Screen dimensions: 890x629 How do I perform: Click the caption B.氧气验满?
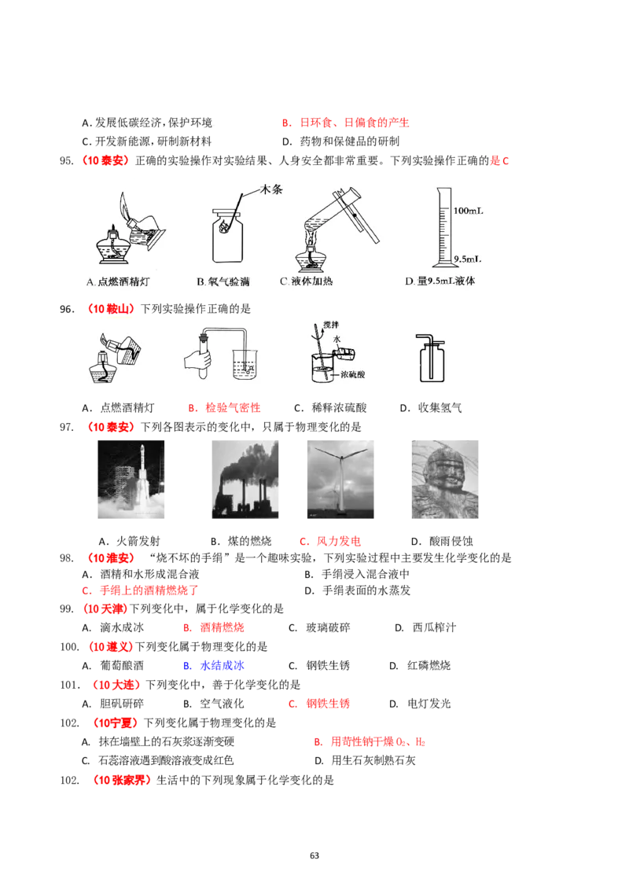[x=223, y=281]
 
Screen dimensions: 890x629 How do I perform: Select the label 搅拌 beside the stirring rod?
[x=330, y=325]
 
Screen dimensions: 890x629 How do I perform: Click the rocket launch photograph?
[x=131, y=478]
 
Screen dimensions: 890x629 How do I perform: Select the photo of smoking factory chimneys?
[x=245, y=478]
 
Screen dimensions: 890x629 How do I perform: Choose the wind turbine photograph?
[x=339, y=478]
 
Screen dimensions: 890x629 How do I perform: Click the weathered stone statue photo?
[x=446, y=478]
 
